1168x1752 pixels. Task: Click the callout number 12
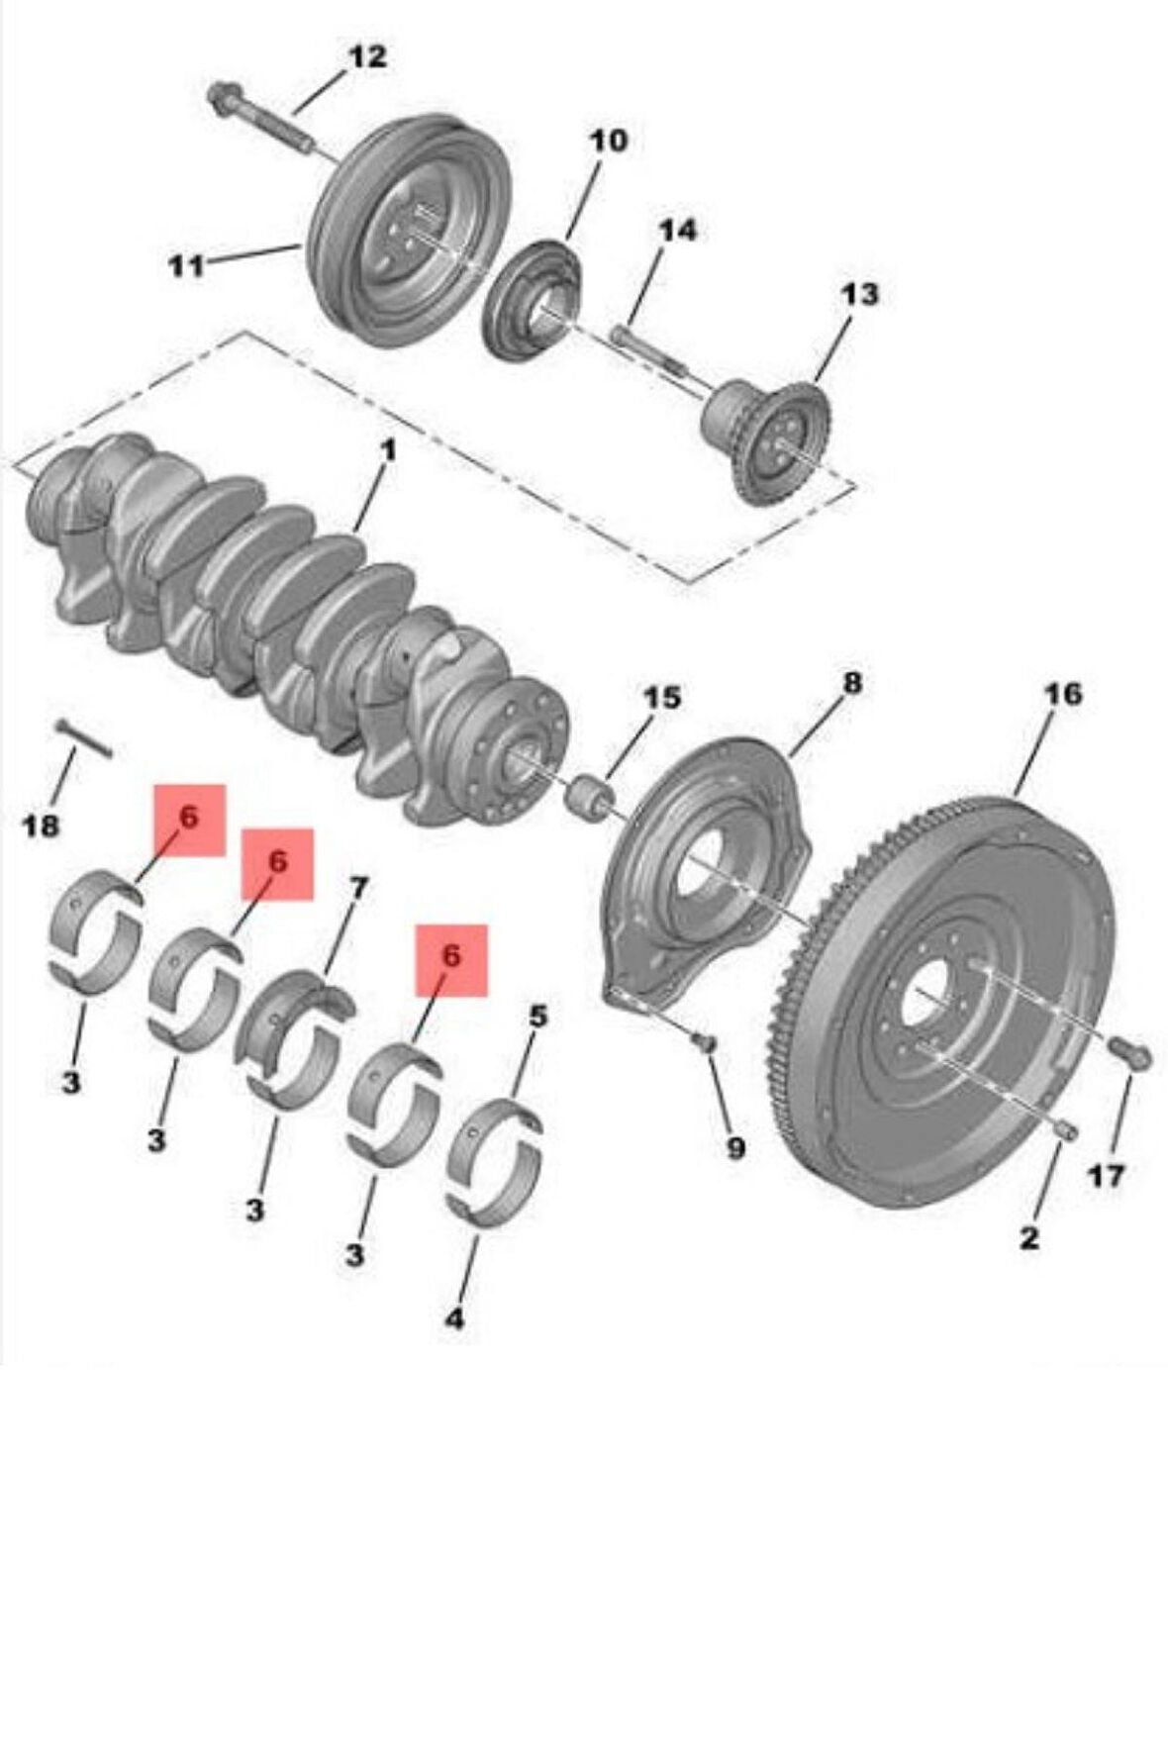click(366, 58)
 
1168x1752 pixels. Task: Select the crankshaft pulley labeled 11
click(406, 233)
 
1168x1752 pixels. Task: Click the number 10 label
click(609, 142)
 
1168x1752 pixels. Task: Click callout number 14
click(678, 231)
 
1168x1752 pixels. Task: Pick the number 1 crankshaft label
click(389, 450)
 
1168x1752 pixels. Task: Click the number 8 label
click(852, 682)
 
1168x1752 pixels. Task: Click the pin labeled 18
click(84, 738)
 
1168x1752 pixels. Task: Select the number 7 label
click(358, 888)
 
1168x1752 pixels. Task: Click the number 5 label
click(537, 1016)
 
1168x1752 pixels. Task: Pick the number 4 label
click(454, 1318)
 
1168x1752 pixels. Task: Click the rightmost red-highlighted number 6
click(451, 957)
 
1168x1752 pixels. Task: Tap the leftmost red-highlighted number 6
click(188, 818)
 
